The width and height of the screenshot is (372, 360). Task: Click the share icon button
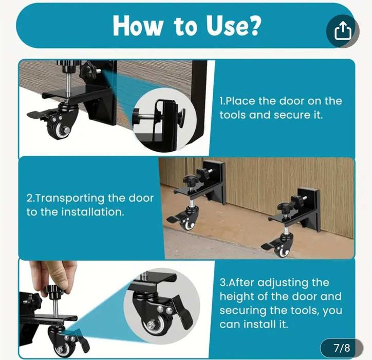pos(343,31)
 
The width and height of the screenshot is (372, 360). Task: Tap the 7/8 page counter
pos(342,348)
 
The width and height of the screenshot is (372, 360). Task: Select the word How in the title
pos(138,26)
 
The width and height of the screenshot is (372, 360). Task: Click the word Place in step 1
pos(239,101)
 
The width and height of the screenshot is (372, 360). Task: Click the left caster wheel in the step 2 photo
pos(187,223)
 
